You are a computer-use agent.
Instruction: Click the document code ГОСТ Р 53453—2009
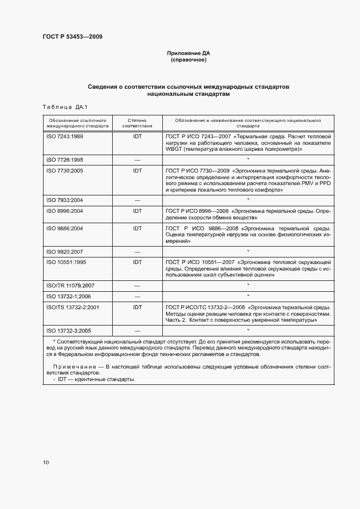[x=72, y=37]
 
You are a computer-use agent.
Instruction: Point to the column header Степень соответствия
[x=137, y=122]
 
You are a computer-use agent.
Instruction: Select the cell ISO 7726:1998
[x=64, y=160]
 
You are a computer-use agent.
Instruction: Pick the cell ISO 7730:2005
[x=64, y=170]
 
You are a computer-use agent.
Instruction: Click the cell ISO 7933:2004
[x=64, y=200]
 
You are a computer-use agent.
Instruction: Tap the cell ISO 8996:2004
[x=64, y=211]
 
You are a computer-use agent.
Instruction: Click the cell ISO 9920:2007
[x=64, y=251]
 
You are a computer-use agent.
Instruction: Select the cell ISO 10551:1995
[x=66, y=262]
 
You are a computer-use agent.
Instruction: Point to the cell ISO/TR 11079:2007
[x=70, y=285]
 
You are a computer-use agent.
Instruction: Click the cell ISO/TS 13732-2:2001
[x=72, y=306]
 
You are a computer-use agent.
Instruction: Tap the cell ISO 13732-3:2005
[x=68, y=330]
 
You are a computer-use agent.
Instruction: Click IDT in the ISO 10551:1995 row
[x=137, y=262]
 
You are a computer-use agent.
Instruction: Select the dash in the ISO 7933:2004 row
[x=137, y=200]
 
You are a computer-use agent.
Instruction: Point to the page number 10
[x=46, y=462]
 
